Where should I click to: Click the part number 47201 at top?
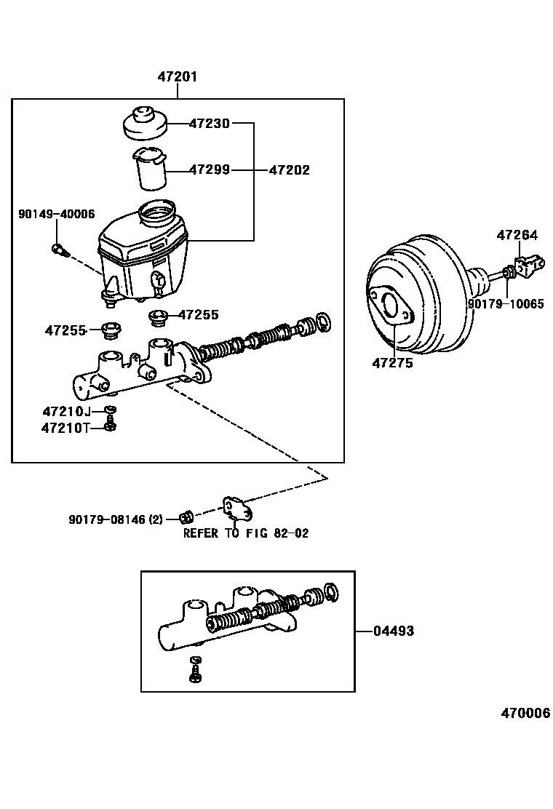click(178, 76)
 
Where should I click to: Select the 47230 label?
click(209, 124)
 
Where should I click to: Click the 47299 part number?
click(209, 170)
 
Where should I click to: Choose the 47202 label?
click(289, 170)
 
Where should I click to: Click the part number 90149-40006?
click(56, 213)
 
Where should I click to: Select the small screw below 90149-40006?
click(60, 251)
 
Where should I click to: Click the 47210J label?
click(65, 412)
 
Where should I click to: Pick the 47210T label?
click(65, 428)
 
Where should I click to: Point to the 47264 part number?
click(517, 235)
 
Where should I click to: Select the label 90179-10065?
click(505, 304)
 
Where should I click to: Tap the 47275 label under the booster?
click(392, 362)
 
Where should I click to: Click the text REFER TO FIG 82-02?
click(245, 533)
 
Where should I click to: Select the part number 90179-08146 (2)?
click(116, 519)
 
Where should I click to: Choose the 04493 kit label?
click(394, 631)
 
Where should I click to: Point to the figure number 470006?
click(525, 713)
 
